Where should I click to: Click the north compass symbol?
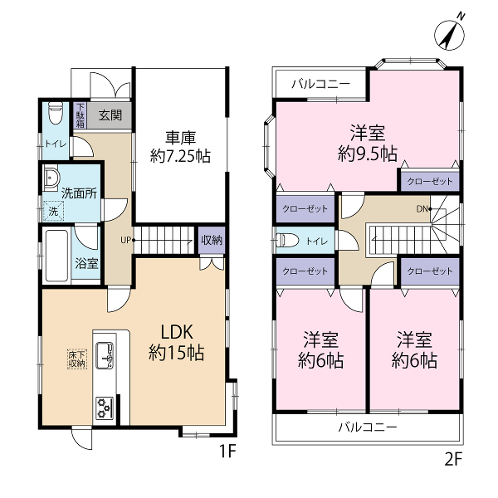[449, 33]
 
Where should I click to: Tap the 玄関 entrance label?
[110, 115]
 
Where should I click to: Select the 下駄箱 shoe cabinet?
[80, 115]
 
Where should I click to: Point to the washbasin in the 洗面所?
[51, 178]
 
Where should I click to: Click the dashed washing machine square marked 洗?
[53, 211]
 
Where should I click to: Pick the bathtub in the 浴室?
[56, 256]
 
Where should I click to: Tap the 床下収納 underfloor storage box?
[77, 359]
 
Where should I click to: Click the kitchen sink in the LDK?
[105, 355]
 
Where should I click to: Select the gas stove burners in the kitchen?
[105, 408]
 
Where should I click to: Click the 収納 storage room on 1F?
[212, 240]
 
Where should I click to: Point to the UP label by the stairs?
[126, 240]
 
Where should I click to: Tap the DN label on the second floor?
[422, 209]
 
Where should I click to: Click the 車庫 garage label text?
[180, 138]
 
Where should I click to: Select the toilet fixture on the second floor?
[288, 241]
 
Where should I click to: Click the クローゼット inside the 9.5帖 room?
[430, 181]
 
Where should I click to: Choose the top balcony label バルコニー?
[320, 84]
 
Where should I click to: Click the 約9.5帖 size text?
[368, 154]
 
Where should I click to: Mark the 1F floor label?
[227, 451]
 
